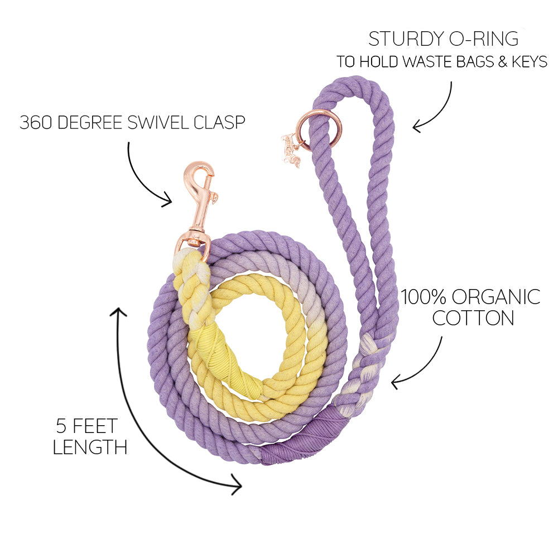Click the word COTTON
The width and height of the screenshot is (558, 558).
[x=473, y=319]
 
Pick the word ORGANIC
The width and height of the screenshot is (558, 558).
[x=499, y=297]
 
